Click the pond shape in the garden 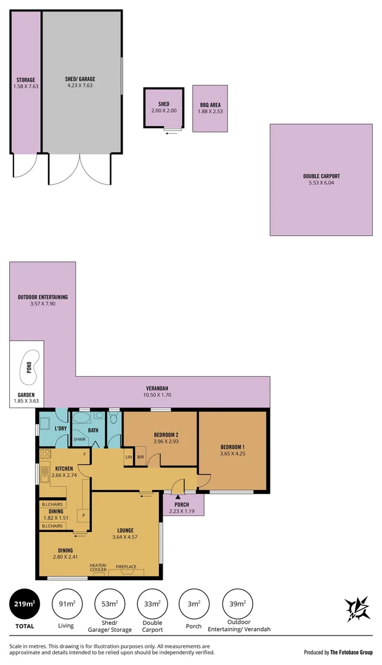click(29, 368)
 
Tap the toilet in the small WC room click(114, 419)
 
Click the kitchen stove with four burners click(44, 454)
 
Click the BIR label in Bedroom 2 click(140, 457)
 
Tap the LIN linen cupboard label click(129, 457)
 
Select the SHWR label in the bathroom click(79, 440)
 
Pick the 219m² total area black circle click(26, 605)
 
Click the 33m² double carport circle click(153, 605)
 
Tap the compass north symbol click(357, 608)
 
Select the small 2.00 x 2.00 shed click(164, 108)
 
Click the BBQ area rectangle click(209, 108)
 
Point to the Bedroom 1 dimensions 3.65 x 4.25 click(232, 453)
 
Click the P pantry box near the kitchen click(81, 515)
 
